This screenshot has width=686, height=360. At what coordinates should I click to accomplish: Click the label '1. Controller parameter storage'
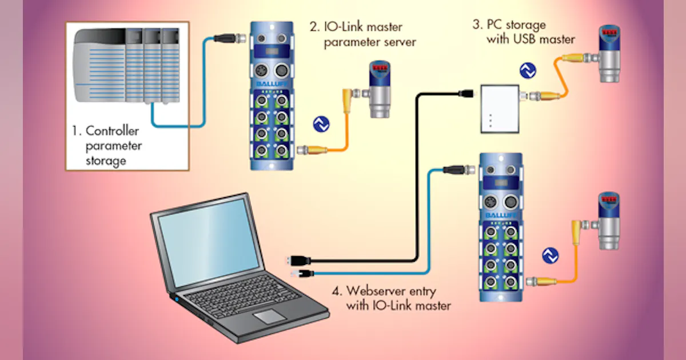pyautogui.click(x=107, y=146)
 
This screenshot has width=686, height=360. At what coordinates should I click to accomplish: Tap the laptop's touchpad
pyautogui.click(x=272, y=318)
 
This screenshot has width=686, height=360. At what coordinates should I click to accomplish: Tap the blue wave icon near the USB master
pyautogui.click(x=528, y=70)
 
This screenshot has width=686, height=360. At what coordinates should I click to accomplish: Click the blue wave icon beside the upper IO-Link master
pyautogui.click(x=321, y=125)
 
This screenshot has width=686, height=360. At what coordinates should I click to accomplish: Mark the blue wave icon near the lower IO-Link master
pyautogui.click(x=550, y=255)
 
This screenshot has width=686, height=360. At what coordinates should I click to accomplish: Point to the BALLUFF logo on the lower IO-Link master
pyautogui.click(x=501, y=215)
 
